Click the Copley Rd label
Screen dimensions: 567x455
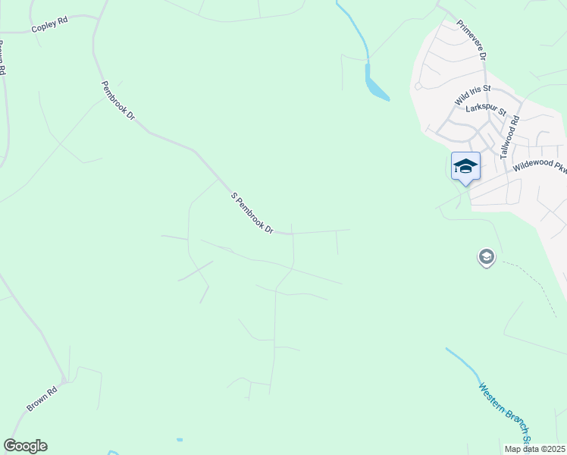coord(49,25)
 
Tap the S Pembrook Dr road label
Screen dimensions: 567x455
coord(252,213)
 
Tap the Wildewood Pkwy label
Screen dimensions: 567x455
coord(539,166)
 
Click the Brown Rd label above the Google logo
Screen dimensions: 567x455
coord(42,400)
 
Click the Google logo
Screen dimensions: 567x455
coord(25,446)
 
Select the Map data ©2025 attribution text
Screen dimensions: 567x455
coord(534,449)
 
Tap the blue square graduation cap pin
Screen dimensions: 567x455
coord(465,167)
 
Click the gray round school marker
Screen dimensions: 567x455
coord(486,258)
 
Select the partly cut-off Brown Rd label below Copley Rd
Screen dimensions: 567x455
coord(2,59)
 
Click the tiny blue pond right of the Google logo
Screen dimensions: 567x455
coord(180,440)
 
